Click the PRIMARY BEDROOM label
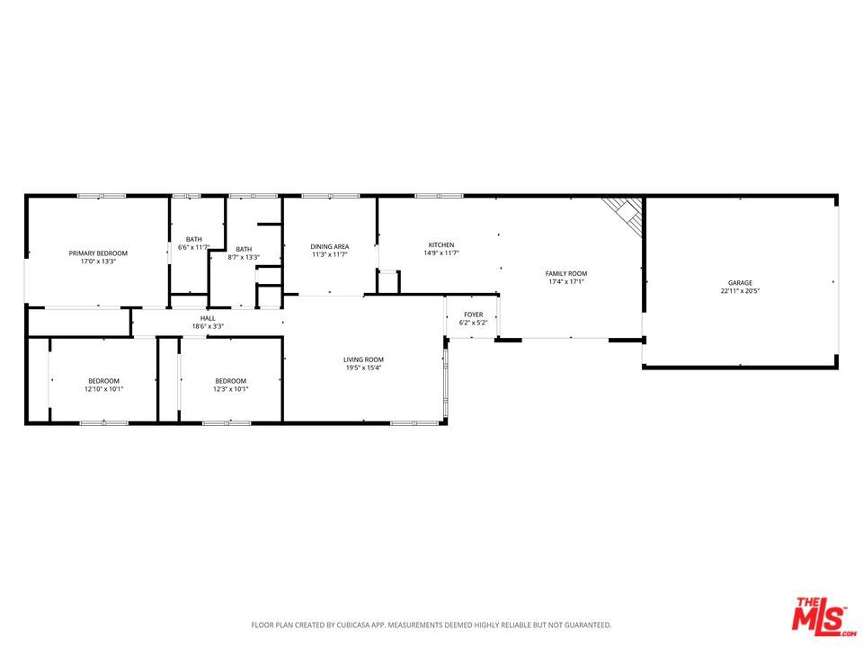click(x=98, y=253)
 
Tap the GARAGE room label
click(x=740, y=283)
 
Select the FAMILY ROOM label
click(x=565, y=273)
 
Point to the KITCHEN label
click(x=441, y=244)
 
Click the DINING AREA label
click(x=330, y=246)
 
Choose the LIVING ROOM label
click(x=363, y=359)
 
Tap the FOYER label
click(x=474, y=315)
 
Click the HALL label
click(x=208, y=318)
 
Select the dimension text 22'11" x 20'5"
click(x=740, y=291)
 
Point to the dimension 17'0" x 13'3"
click(x=98, y=261)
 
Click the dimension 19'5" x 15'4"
click(x=363, y=368)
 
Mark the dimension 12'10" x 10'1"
click(x=103, y=389)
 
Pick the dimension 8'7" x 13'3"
click(x=244, y=257)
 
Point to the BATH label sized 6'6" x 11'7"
click(x=194, y=239)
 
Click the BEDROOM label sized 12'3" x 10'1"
click(x=231, y=381)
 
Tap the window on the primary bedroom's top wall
click(x=102, y=196)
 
